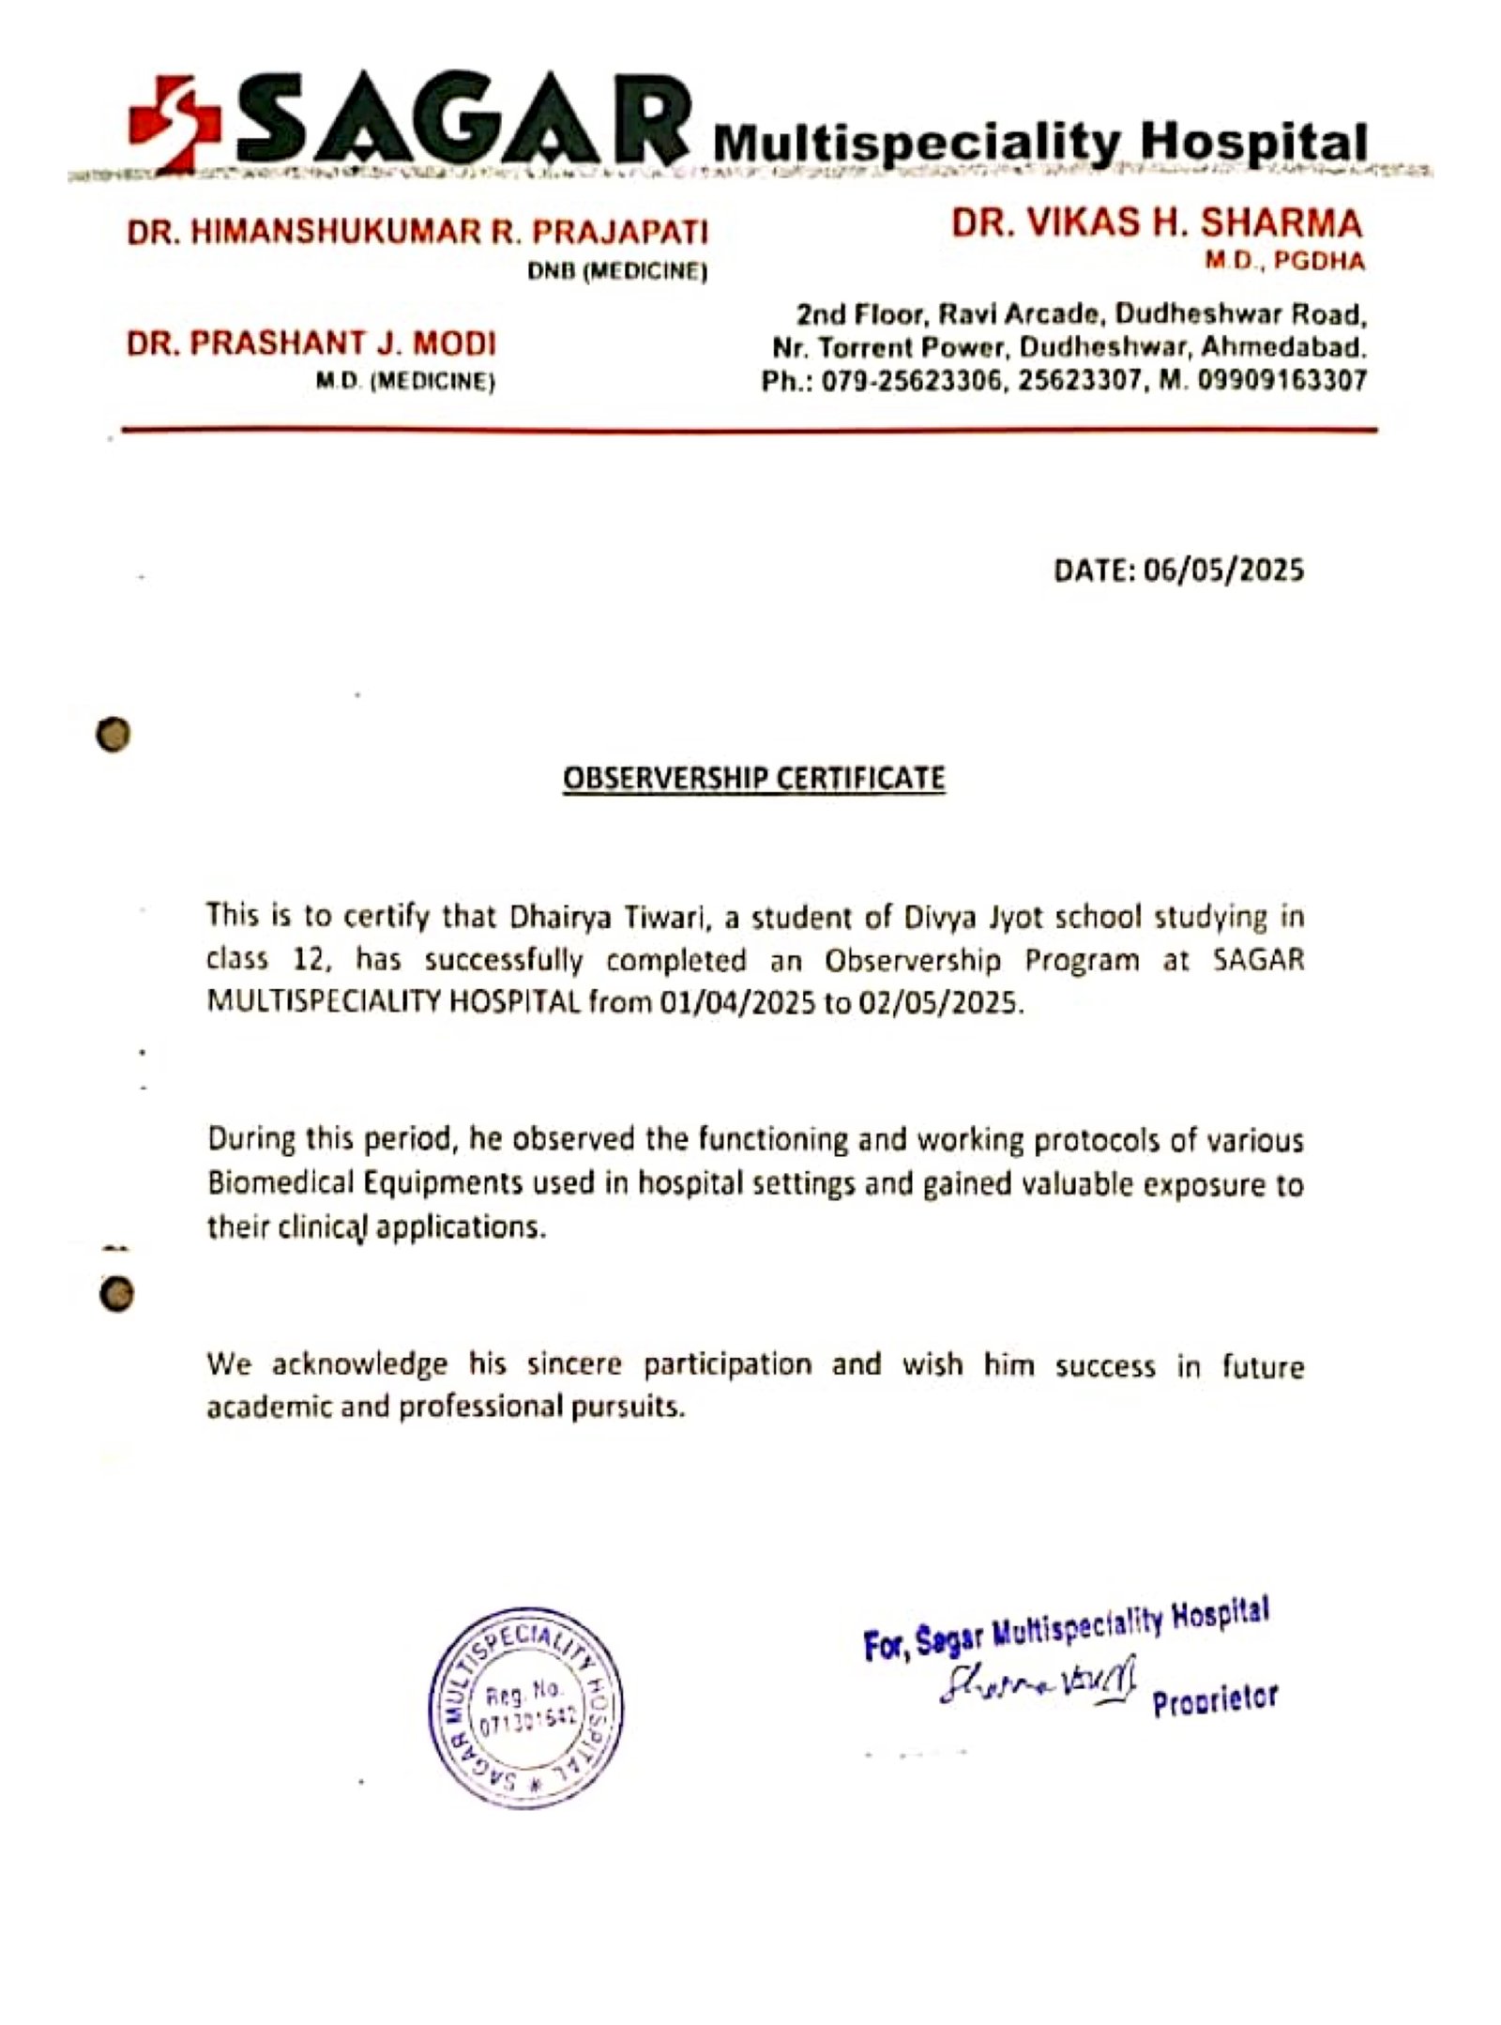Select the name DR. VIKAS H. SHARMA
(x=1157, y=223)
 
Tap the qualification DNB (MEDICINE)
(x=616, y=272)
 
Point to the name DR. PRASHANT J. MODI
(x=311, y=343)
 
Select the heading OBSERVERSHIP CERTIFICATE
(x=753, y=778)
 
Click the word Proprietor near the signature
(x=1214, y=1699)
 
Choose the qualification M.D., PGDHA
(x=1284, y=262)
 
